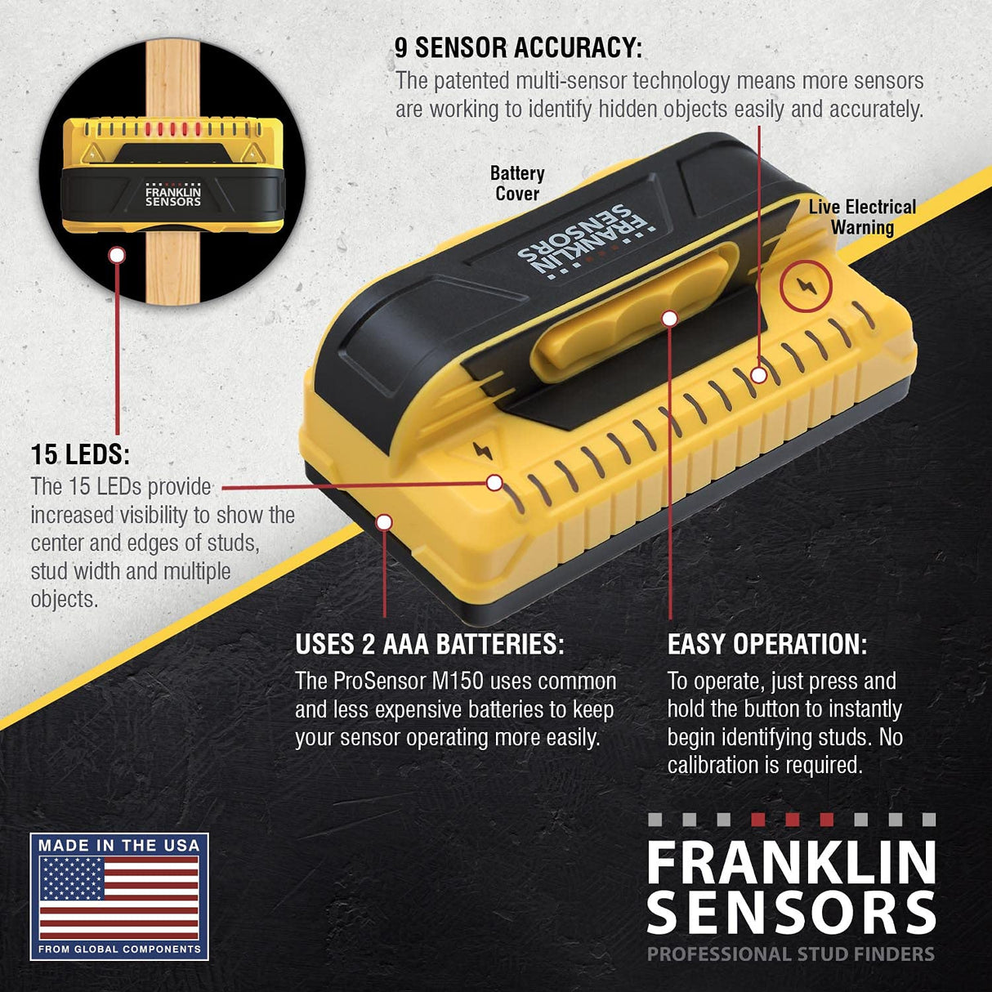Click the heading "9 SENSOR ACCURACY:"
click(518, 47)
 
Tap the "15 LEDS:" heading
click(80, 454)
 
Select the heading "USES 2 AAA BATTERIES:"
click(429, 644)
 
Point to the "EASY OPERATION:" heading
click(766, 644)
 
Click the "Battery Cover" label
click(516, 184)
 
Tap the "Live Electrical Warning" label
click(862, 217)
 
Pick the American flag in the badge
click(119, 897)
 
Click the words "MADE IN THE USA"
click(119, 845)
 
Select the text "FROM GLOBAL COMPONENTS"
click(119, 950)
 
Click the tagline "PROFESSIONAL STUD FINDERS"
click(790, 954)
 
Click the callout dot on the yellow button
click(670, 318)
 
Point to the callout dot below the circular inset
click(117, 255)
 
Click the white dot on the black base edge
click(384, 522)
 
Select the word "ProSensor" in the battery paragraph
click(372, 681)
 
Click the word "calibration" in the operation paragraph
click(713, 766)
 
